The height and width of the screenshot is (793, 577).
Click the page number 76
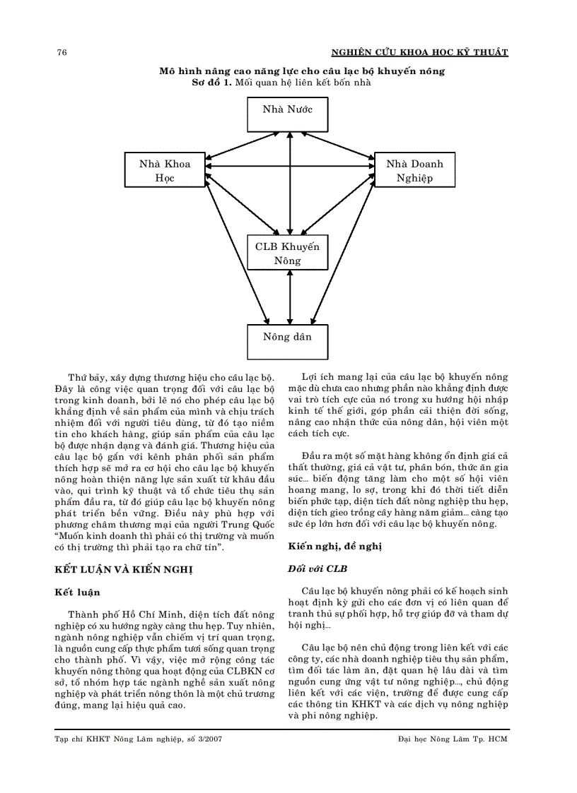point(62,53)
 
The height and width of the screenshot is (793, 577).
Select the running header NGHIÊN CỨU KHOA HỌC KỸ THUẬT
point(419,53)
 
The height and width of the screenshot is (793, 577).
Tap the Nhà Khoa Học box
point(165,170)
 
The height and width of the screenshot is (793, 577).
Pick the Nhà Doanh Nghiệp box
point(414,170)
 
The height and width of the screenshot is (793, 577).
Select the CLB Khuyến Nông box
point(287,253)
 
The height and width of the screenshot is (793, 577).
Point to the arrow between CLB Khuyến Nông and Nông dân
point(288,297)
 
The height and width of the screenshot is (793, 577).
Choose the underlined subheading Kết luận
point(77,592)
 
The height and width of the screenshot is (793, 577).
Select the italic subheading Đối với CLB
point(317,568)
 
